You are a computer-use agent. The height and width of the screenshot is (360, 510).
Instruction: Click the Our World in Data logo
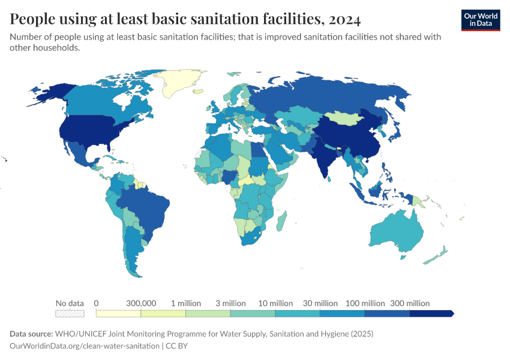(480, 20)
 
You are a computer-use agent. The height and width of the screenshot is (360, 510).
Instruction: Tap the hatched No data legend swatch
(69, 313)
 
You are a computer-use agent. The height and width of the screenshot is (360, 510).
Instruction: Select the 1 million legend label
(185, 303)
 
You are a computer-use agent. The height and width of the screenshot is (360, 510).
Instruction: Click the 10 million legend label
(275, 303)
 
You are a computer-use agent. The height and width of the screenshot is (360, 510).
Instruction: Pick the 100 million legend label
(365, 303)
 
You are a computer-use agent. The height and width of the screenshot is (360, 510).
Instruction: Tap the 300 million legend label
(410, 303)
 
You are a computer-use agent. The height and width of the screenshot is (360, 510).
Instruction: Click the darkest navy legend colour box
(431, 313)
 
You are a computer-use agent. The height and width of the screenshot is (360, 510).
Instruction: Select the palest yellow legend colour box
(118, 313)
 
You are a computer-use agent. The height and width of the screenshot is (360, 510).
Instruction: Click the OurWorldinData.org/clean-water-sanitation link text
(85, 346)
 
